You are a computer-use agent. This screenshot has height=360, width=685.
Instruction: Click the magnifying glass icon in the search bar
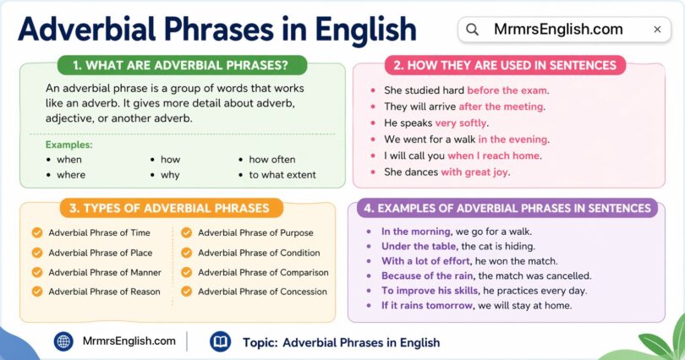(x=473, y=30)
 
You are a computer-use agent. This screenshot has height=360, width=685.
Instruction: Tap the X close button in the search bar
(x=657, y=30)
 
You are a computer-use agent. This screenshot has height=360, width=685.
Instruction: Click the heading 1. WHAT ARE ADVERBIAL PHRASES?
(x=182, y=65)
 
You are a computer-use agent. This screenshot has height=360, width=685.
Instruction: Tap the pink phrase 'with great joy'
(x=475, y=172)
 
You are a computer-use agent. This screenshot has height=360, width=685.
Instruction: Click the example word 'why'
(x=170, y=175)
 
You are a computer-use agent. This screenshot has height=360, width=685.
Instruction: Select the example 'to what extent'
(x=282, y=175)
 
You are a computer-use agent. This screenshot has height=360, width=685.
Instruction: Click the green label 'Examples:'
(x=69, y=145)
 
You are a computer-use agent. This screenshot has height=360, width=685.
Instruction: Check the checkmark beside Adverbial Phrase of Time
(x=36, y=233)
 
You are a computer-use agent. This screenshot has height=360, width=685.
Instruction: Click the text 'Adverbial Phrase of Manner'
(x=105, y=272)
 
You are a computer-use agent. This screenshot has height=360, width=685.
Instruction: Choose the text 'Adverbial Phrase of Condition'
(x=259, y=253)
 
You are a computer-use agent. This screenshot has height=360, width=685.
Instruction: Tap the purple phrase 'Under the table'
(x=419, y=246)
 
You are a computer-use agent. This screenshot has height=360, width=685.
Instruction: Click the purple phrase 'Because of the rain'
(x=428, y=275)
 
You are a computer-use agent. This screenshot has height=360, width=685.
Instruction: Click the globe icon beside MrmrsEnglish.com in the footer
(x=63, y=341)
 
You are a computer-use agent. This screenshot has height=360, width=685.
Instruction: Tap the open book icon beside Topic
(x=220, y=341)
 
